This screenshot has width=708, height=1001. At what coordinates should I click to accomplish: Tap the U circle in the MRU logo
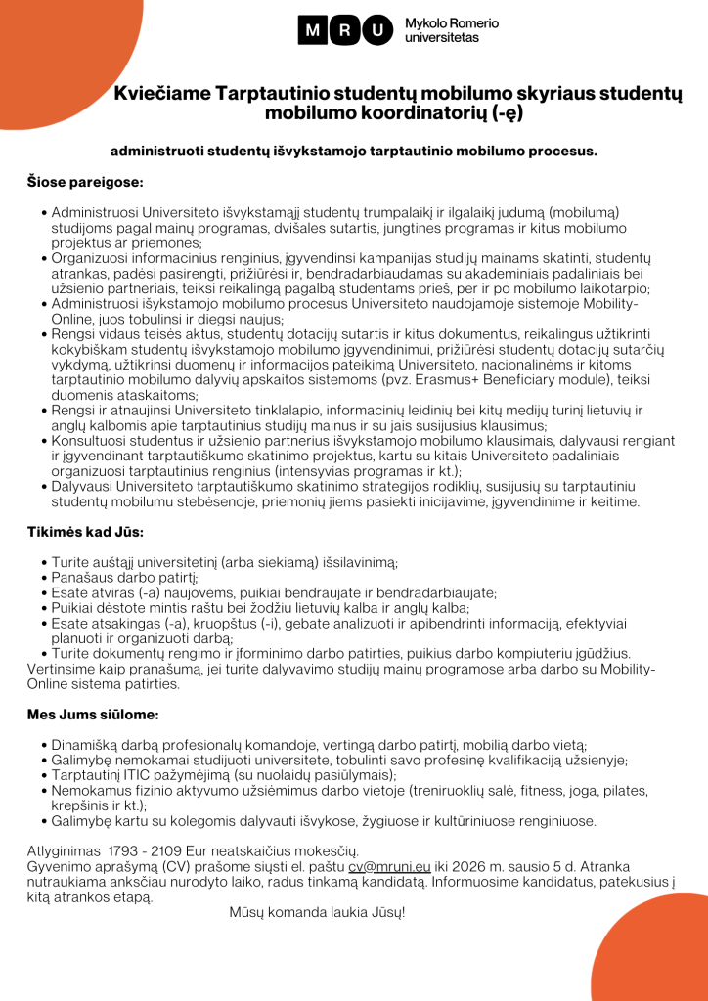click(x=376, y=30)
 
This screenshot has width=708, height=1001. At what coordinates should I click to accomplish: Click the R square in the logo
click(x=343, y=30)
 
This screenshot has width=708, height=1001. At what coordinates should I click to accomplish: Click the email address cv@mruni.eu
click(x=389, y=867)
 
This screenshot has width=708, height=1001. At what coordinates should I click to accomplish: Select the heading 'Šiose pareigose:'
click(x=85, y=181)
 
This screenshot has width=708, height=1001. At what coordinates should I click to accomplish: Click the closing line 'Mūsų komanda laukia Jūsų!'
click(x=317, y=912)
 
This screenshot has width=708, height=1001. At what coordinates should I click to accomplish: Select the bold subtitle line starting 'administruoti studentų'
click(x=353, y=152)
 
